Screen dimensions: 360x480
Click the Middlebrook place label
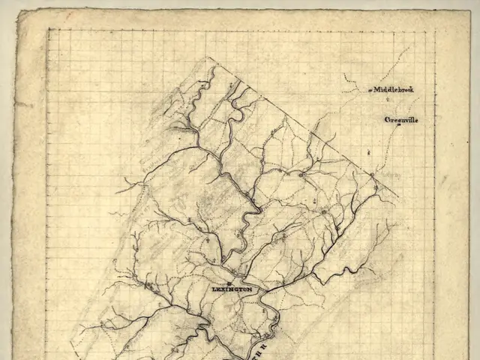coord(394,89)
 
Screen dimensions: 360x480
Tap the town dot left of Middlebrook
coord(370,91)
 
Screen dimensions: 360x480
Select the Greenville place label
coord(401,120)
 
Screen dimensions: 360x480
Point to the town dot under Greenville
coord(400,126)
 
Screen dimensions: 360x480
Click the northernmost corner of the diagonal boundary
coord(211,58)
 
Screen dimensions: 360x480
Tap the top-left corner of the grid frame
coord(49,30)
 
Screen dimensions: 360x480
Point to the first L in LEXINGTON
coord(214,289)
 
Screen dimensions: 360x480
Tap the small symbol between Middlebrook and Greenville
coord(388,100)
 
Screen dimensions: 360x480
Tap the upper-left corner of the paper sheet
coord(16,10)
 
